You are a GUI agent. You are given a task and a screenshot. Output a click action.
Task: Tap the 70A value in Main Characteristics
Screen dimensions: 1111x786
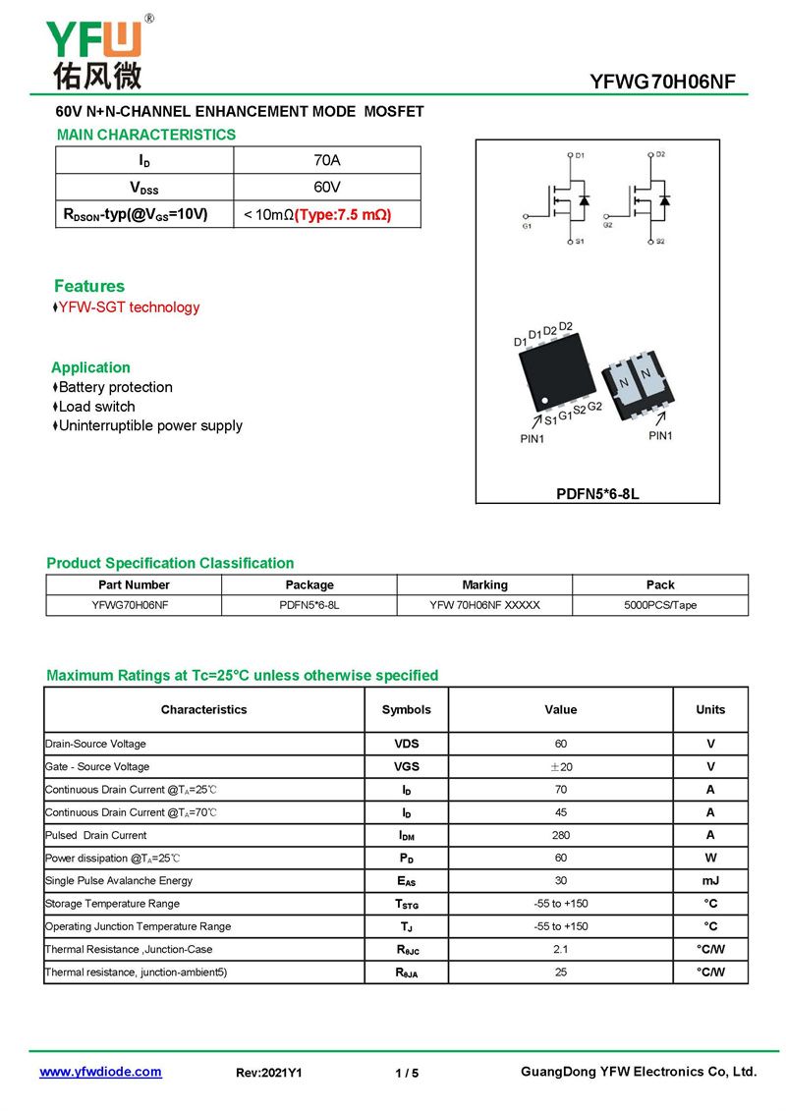[x=326, y=160]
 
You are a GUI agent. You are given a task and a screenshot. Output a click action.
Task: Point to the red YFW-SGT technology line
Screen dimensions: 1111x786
[x=129, y=307]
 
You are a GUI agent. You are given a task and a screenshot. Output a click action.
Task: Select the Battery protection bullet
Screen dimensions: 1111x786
[x=115, y=387]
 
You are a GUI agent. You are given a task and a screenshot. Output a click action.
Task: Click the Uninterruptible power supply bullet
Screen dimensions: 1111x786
[x=150, y=425]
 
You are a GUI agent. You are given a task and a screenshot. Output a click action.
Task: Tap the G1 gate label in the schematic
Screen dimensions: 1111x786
[x=527, y=226]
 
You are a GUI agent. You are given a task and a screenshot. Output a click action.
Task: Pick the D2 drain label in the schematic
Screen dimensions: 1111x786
[x=660, y=154]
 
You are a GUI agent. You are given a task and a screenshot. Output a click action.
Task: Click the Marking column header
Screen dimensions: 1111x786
[x=484, y=584]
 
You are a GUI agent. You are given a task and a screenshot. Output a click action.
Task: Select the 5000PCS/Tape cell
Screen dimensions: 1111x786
[x=660, y=605]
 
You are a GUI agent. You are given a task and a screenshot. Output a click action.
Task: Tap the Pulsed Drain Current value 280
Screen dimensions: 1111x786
[x=561, y=835]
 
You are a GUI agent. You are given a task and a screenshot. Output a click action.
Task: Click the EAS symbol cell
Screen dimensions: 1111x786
[x=406, y=881]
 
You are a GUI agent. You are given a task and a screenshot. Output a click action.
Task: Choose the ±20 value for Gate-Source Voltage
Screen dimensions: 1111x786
[x=561, y=767]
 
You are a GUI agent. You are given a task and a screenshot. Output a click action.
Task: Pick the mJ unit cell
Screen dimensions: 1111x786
[x=710, y=881]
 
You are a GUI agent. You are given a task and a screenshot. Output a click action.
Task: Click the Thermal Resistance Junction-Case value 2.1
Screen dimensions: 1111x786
[x=561, y=949]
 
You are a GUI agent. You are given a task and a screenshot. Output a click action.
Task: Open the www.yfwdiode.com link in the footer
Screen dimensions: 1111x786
[x=100, y=1072]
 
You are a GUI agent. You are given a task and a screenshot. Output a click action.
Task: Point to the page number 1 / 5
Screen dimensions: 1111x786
[x=407, y=1073]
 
